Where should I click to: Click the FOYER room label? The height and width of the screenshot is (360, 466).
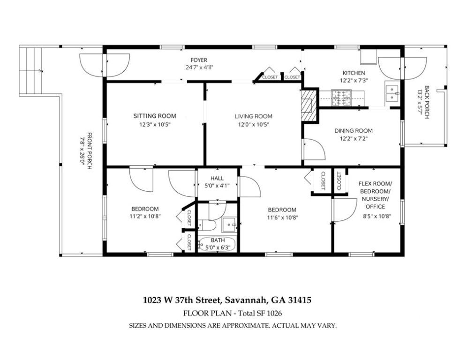(198, 60)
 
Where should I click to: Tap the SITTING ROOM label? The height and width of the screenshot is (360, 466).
(154, 116)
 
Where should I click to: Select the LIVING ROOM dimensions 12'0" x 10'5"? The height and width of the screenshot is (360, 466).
(253, 125)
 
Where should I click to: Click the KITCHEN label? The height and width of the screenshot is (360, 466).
(353, 73)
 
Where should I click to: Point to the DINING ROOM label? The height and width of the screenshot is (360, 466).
(353, 131)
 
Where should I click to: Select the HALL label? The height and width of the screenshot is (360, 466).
(217, 178)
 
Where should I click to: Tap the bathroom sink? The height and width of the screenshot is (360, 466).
(229, 224)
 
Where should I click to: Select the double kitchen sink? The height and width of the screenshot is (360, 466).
(391, 94)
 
